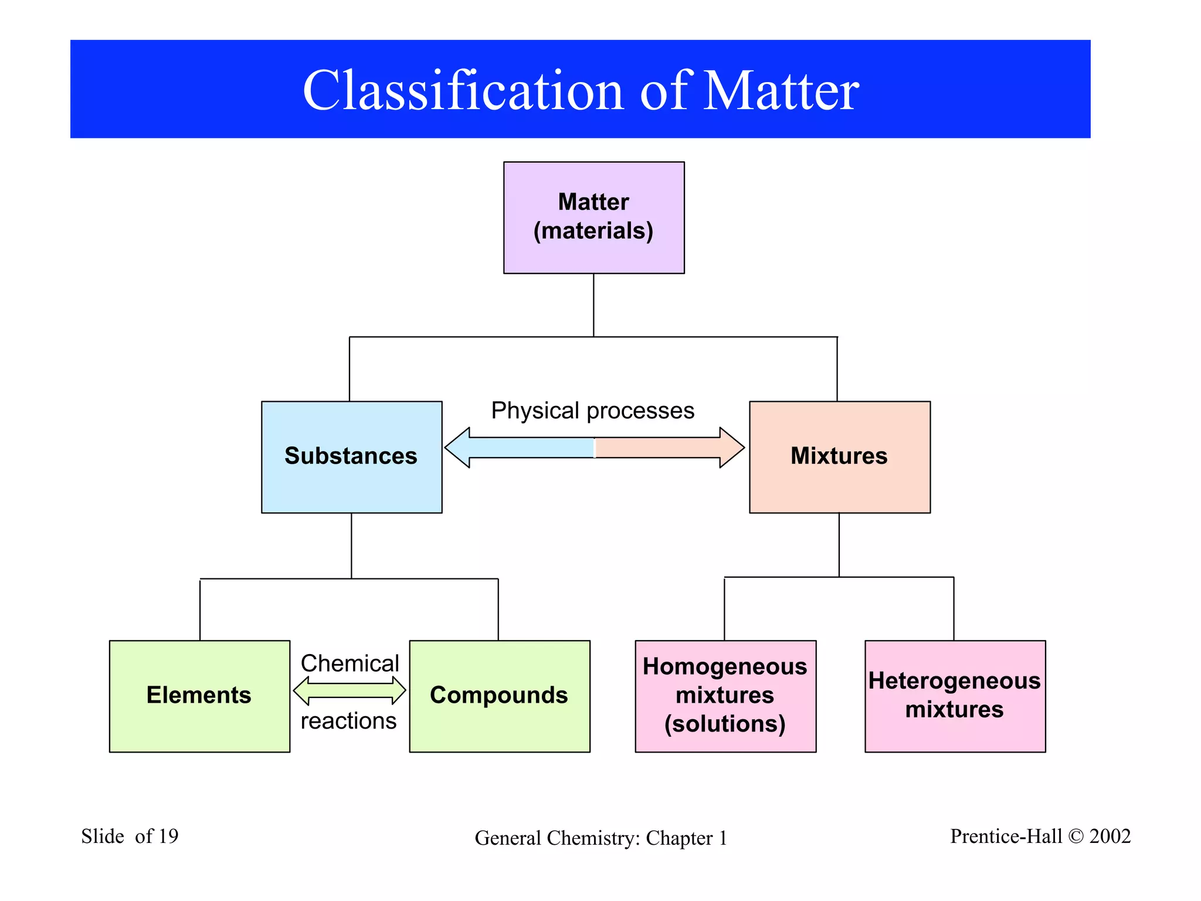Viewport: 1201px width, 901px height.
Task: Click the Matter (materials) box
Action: (593, 217)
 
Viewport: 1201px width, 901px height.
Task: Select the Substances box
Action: (351, 457)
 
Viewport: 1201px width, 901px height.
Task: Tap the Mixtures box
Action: (839, 457)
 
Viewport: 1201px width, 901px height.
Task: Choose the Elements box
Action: (199, 696)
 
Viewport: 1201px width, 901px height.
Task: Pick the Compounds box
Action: (499, 696)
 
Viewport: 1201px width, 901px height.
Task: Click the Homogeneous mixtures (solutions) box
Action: (725, 696)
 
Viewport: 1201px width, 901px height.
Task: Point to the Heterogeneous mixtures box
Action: (955, 696)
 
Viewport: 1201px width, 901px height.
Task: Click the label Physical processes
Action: (592, 411)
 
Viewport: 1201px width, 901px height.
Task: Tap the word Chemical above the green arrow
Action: (350, 663)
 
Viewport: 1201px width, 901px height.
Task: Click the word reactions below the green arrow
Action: (349, 721)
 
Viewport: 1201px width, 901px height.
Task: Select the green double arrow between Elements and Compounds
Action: (350, 691)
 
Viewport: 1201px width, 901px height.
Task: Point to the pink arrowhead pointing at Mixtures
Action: (731, 448)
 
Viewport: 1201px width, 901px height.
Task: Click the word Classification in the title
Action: (463, 90)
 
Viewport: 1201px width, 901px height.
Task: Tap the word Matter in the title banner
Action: (780, 90)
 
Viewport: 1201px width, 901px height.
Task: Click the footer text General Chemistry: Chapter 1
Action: (600, 838)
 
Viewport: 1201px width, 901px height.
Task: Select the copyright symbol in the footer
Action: (1076, 836)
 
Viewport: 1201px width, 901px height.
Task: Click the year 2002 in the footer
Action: (1110, 836)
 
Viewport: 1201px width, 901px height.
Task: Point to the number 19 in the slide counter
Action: (168, 836)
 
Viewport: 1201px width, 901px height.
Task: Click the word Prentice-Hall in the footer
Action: (1006, 836)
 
